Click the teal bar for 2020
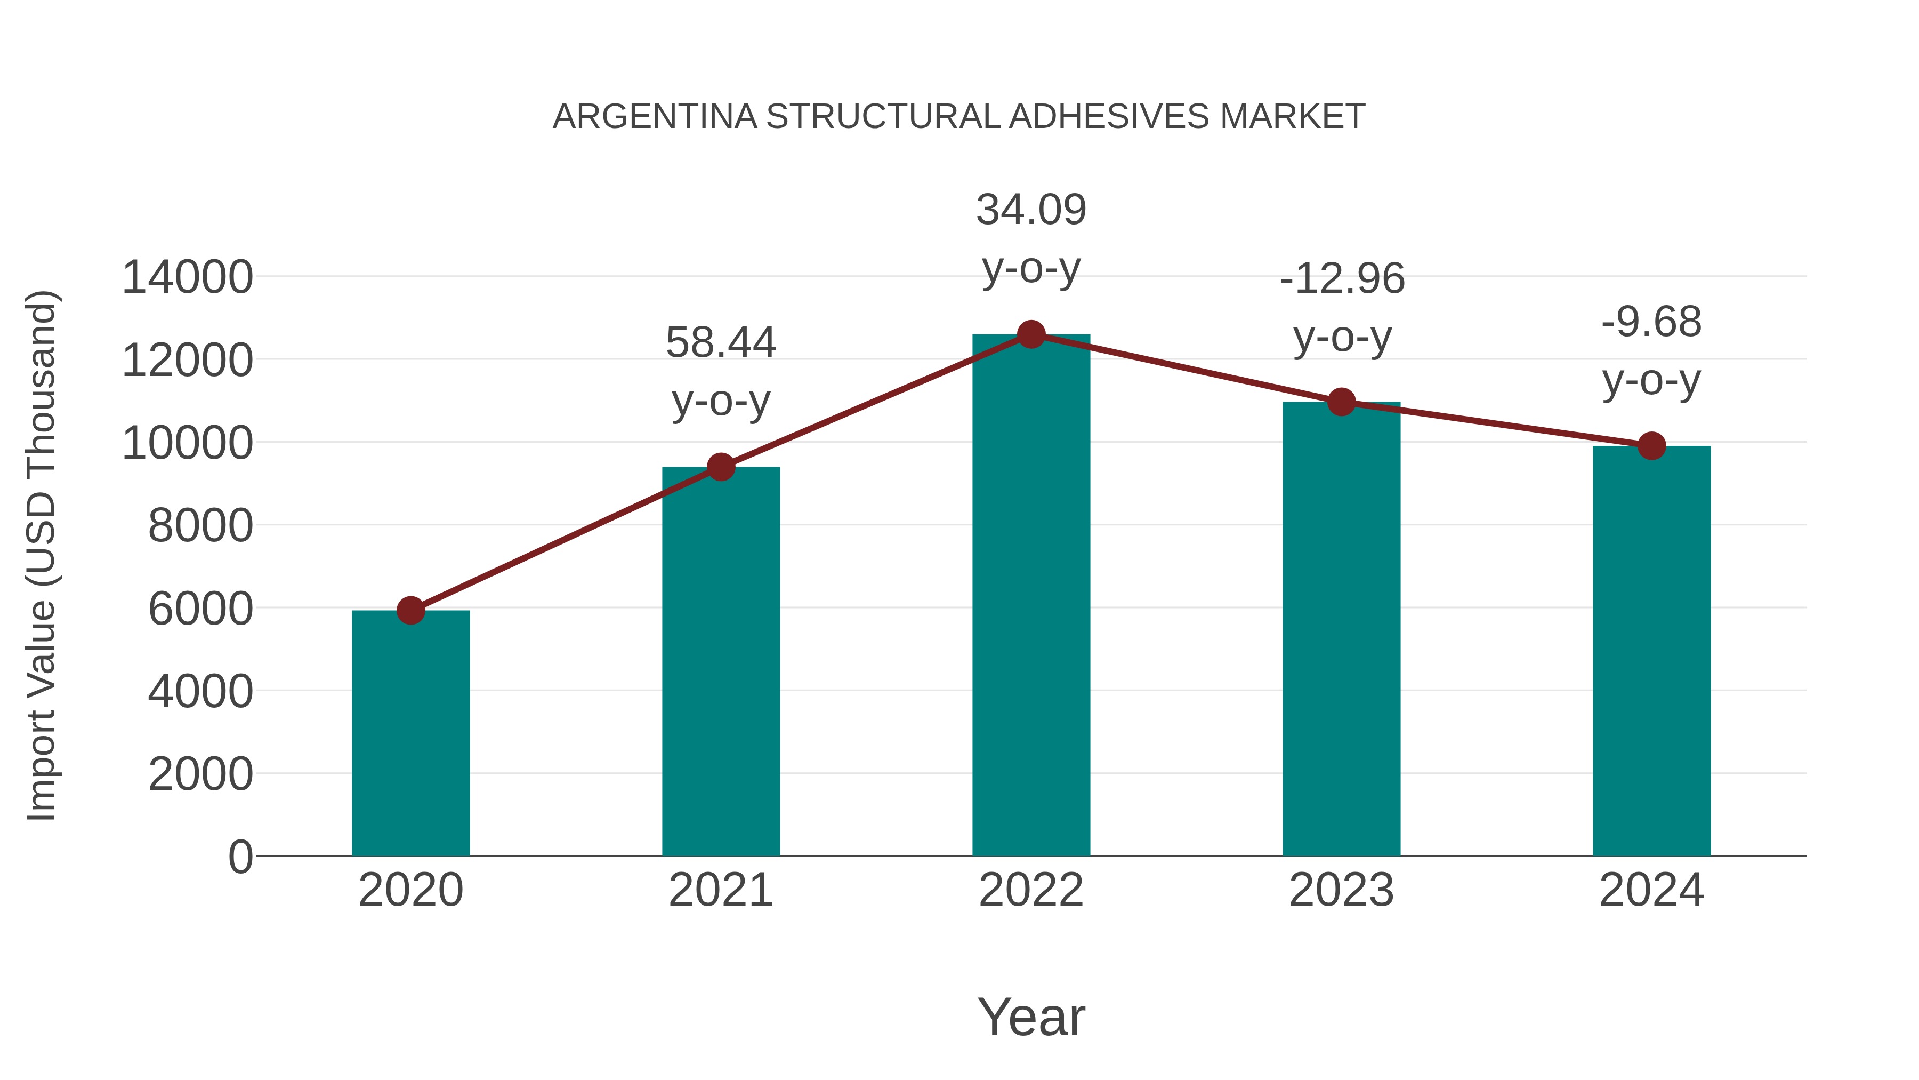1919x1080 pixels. tap(410, 734)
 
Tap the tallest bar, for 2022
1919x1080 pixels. tap(1031, 596)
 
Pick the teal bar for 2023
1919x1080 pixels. tap(1341, 630)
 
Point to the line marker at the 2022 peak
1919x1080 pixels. tap(1031, 334)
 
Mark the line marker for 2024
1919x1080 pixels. tap(1651, 446)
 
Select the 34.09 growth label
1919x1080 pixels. tap(1031, 238)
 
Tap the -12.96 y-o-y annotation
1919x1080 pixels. tap(1342, 307)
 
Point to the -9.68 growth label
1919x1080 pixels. tap(1651, 350)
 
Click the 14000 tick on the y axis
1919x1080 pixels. tap(187, 277)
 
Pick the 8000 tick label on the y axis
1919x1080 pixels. tap(200, 525)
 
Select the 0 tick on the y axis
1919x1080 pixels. tap(240, 857)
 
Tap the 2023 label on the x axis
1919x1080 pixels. tap(1341, 890)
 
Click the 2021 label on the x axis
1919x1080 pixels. tap(720, 890)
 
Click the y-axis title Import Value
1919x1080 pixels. tap(42, 555)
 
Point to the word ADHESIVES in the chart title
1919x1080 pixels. tap(1109, 117)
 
